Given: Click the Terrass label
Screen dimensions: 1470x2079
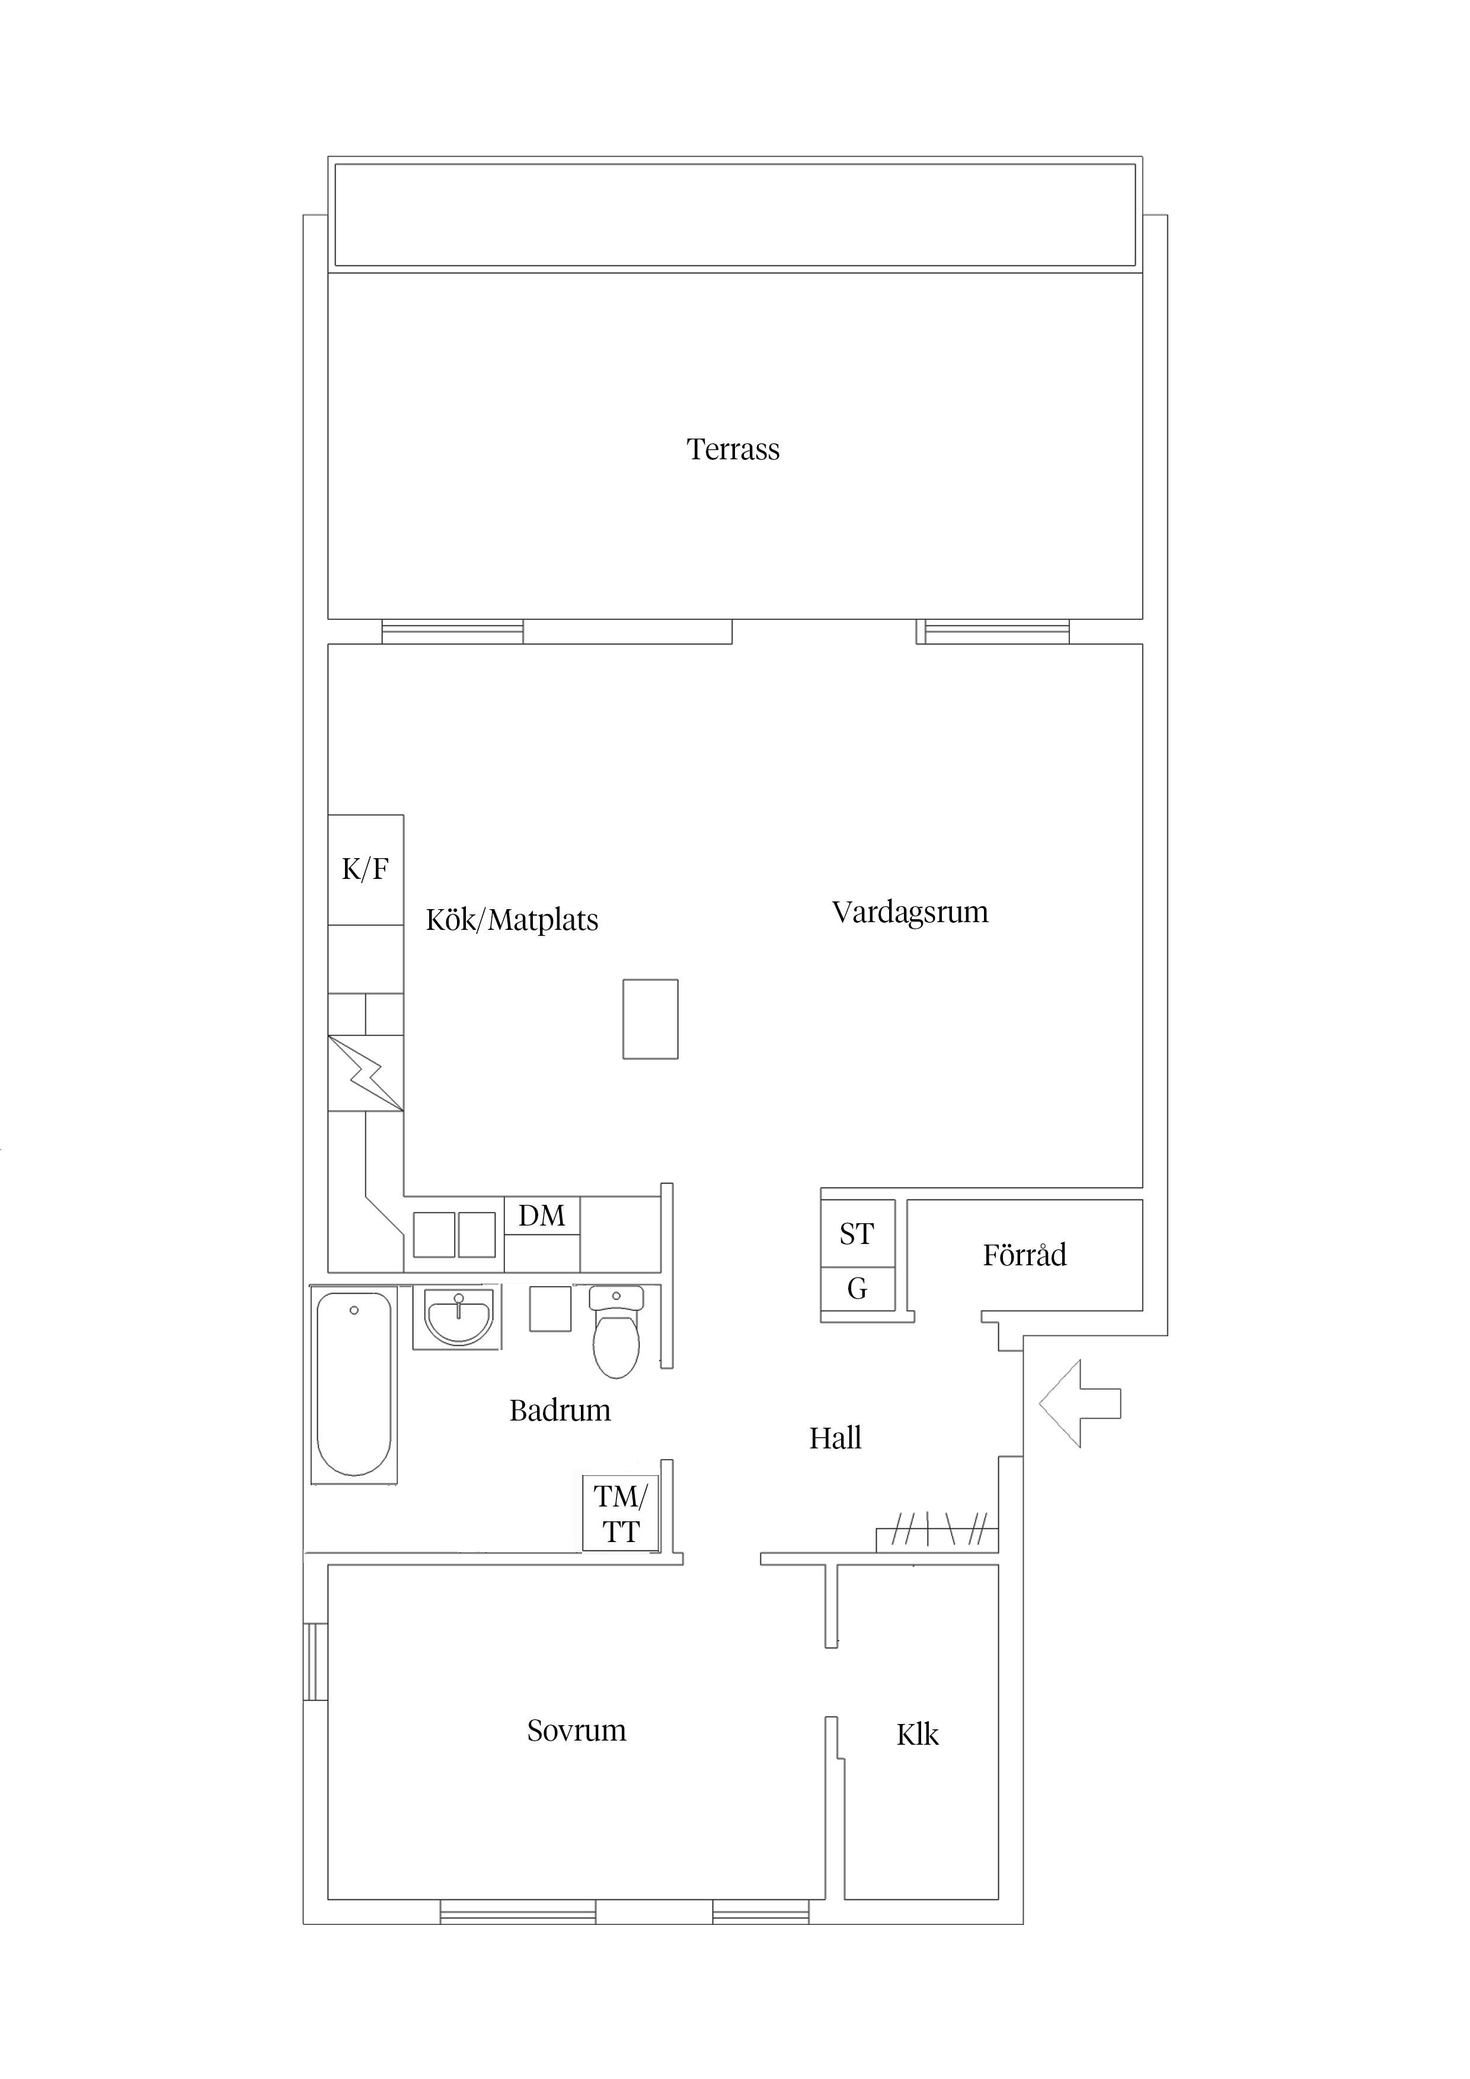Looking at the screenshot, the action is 733,449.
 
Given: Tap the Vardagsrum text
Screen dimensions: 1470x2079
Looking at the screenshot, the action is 910,912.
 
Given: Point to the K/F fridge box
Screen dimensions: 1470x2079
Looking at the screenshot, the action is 365,869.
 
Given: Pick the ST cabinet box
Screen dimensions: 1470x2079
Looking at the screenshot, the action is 857,1233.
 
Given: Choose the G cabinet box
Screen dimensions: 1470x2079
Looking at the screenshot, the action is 857,1288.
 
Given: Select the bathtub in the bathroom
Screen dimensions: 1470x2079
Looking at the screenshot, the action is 354,1384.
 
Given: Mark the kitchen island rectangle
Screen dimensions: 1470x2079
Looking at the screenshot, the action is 650,1019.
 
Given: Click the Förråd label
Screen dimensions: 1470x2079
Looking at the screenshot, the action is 1024,1255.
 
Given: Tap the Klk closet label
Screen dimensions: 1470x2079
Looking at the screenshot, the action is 918,1735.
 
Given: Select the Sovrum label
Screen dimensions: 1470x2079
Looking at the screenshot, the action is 576,1731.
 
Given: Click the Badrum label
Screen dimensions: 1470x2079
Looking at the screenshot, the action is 560,1410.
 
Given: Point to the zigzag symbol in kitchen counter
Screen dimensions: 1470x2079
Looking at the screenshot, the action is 366,1073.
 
